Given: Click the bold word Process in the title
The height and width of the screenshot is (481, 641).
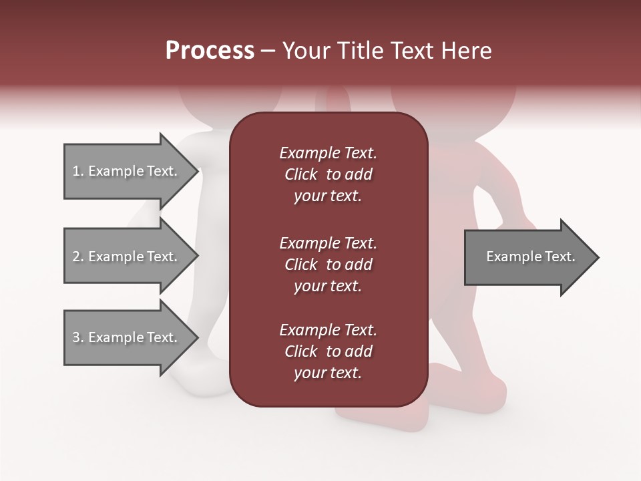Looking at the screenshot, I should (210, 51).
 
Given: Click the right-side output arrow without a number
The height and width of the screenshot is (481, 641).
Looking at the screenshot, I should (531, 257).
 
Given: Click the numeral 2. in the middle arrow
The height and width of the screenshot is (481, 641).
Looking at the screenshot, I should (78, 257).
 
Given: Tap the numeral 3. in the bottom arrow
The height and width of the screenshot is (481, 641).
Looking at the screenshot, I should (78, 337).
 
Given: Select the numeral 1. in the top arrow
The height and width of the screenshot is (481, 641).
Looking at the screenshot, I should (78, 171).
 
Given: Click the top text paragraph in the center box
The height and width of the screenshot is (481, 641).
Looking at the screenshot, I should (328, 174).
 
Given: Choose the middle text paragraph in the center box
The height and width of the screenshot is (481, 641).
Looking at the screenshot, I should (328, 265).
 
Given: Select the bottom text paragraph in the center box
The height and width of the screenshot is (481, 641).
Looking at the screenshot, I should (328, 351).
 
